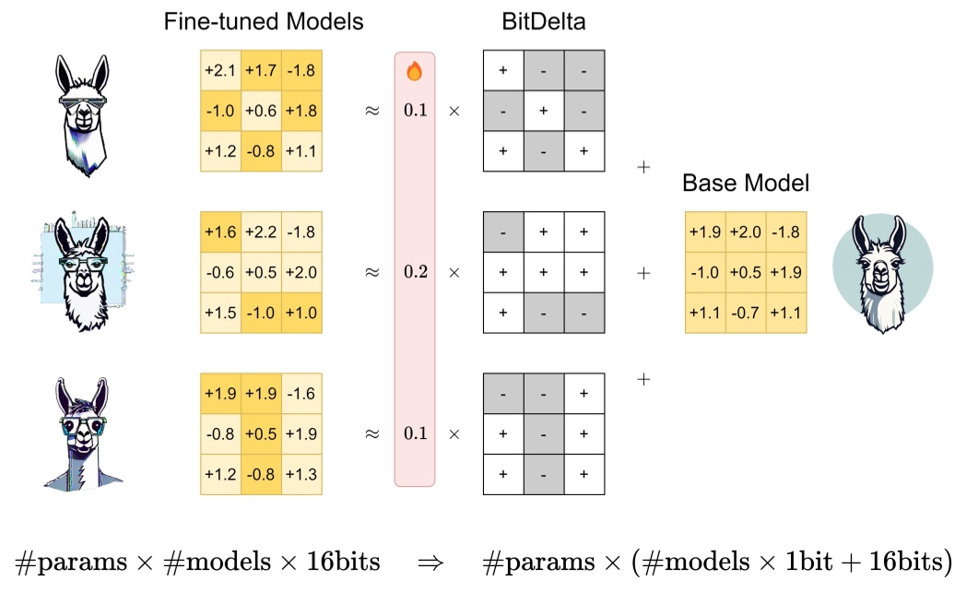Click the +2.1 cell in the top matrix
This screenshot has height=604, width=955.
(x=220, y=70)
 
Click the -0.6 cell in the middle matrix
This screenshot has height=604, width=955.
(x=220, y=273)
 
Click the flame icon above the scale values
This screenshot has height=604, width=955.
(x=414, y=71)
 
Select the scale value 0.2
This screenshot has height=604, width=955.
(x=415, y=273)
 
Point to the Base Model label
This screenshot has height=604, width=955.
(x=746, y=183)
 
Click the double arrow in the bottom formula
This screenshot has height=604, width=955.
(x=430, y=561)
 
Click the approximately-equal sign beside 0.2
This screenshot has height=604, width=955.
(x=372, y=273)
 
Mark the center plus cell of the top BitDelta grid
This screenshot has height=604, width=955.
(x=543, y=110)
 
